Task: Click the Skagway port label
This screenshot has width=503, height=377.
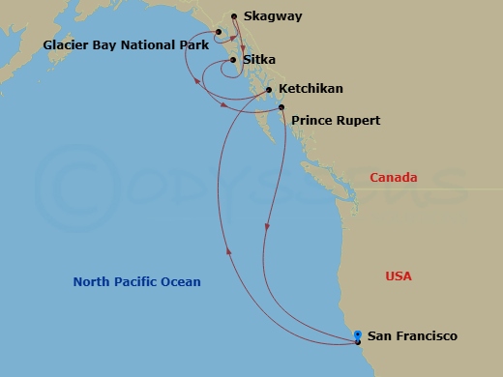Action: coord(271,16)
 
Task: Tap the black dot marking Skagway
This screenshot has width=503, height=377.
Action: coord(233,16)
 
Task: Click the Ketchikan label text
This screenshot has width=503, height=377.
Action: coord(311,89)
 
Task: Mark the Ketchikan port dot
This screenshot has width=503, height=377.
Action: coord(268,90)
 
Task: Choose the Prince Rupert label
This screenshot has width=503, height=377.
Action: coord(336,121)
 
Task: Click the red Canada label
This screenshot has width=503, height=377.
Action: coord(394,177)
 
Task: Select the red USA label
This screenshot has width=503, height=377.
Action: coord(399,276)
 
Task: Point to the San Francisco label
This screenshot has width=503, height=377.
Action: coord(412,336)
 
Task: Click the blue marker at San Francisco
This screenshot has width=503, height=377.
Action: coord(358,333)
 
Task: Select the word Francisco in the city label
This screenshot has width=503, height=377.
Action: coord(427,336)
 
